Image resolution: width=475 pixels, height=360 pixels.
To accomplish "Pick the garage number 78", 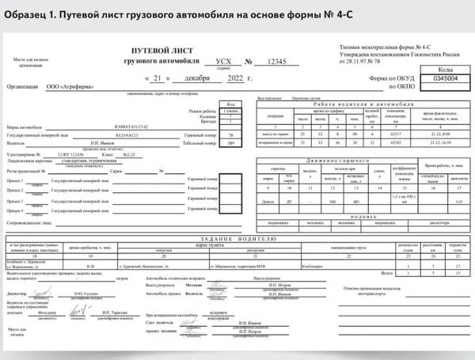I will point(231,135).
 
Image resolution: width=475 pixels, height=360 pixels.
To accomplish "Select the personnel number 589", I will point(231,143).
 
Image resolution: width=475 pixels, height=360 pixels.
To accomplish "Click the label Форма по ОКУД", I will point(379,78).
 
